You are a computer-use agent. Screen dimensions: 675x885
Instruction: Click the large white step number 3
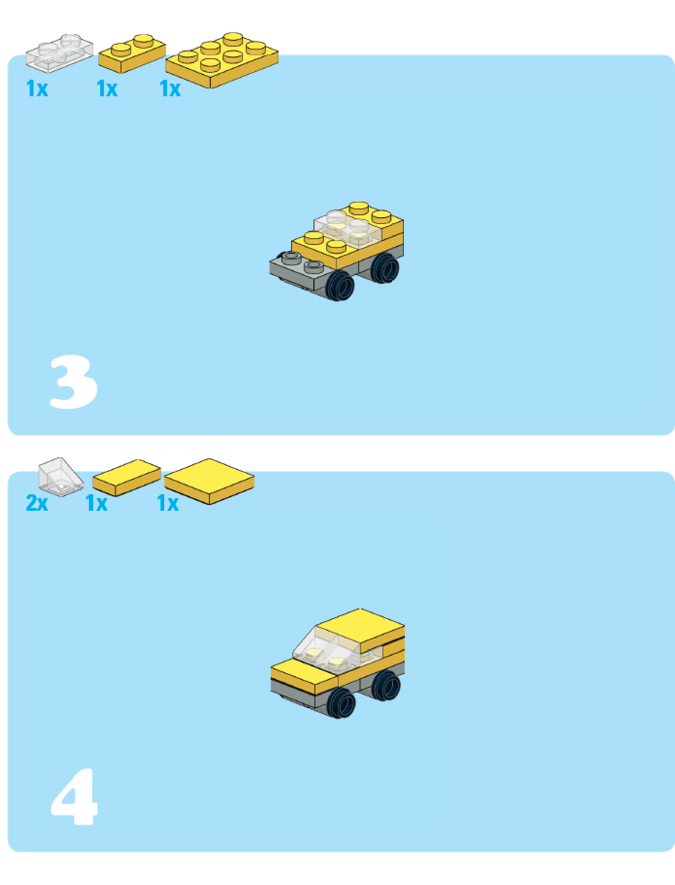tap(73, 382)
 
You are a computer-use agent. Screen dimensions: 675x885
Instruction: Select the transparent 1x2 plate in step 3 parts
tap(59, 53)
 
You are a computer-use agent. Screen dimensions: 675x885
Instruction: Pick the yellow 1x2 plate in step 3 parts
tap(132, 53)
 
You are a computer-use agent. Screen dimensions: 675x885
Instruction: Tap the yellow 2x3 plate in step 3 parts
tap(222, 60)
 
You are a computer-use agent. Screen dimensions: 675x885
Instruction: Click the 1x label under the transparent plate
tap(37, 88)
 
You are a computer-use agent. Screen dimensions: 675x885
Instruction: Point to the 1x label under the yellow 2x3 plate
tap(170, 88)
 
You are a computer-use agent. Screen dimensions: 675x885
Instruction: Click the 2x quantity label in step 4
tap(37, 503)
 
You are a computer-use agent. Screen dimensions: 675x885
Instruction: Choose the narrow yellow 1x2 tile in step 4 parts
tap(126, 478)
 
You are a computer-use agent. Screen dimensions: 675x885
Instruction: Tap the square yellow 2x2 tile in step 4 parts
tap(209, 481)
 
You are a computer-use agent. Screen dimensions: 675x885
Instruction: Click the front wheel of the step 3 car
tap(340, 285)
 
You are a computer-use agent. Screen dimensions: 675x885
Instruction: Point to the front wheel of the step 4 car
tap(341, 703)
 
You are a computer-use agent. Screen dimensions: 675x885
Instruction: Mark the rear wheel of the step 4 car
tap(386, 685)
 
